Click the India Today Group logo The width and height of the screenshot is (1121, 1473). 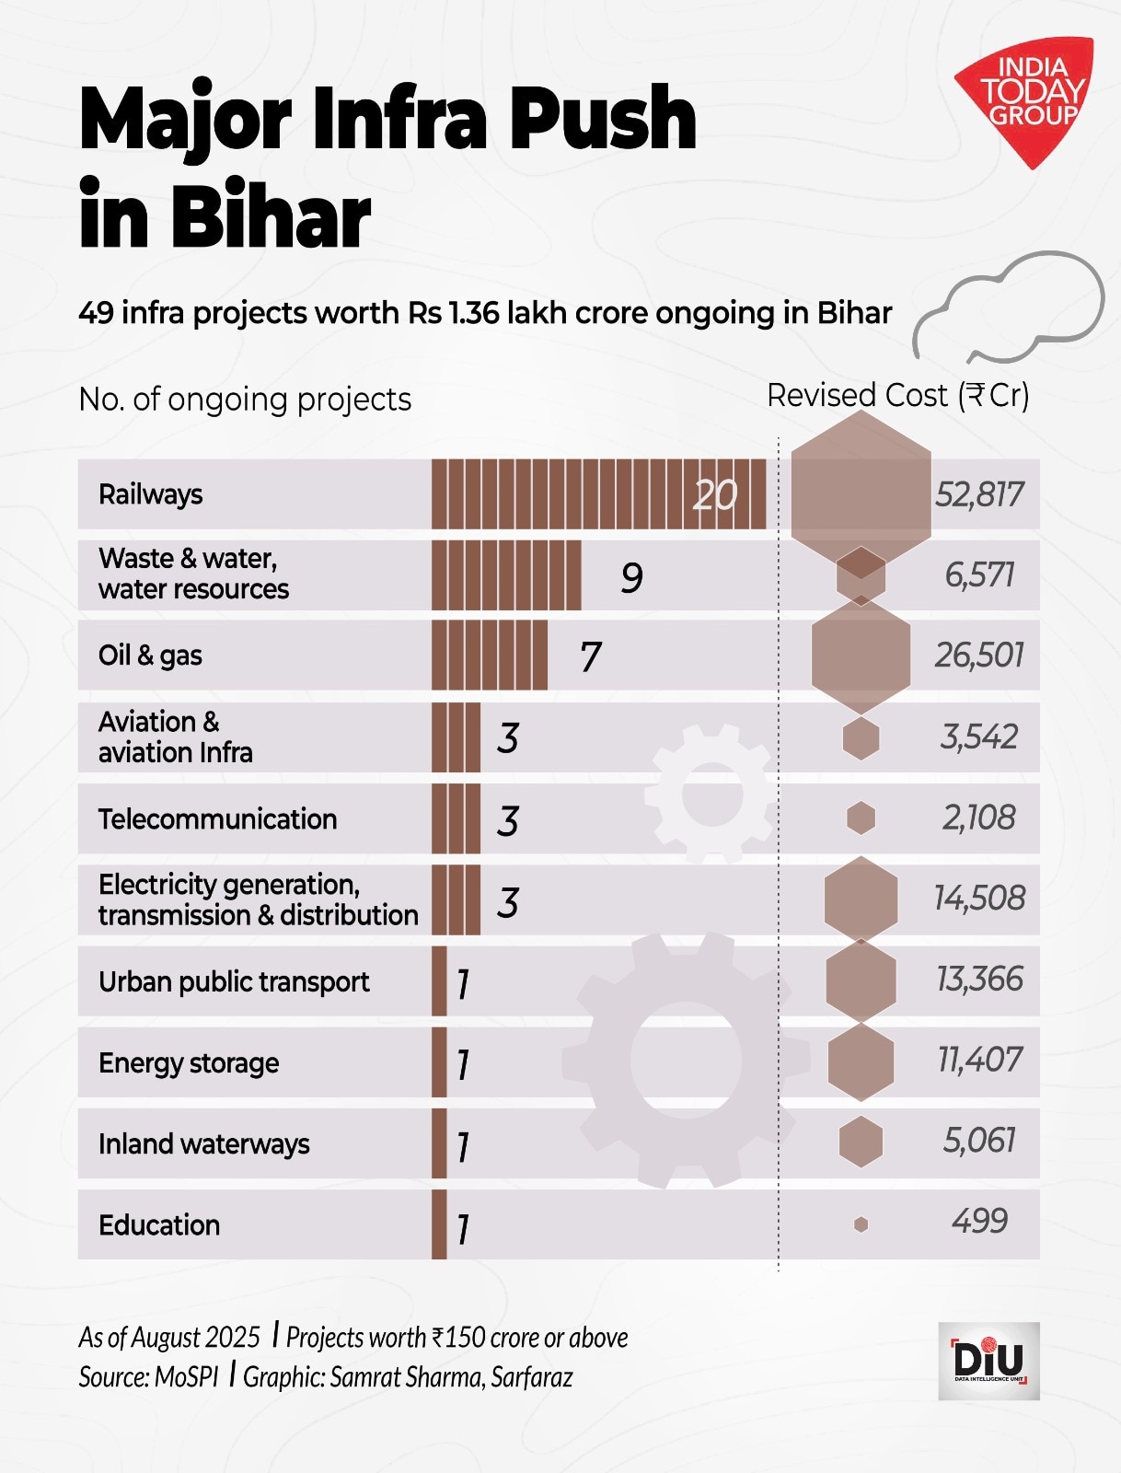[x=1027, y=97]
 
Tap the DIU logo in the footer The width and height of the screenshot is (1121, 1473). [x=988, y=1361]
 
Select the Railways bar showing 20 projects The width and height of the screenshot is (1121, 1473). [x=598, y=494]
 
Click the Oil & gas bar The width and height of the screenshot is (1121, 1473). [x=489, y=655]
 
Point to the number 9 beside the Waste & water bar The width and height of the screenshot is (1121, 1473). [x=631, y=578]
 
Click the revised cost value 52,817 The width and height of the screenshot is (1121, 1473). [x=978, y=495]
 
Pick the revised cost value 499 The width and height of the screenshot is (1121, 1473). [x=979, y=1222]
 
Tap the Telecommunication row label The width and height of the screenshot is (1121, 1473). [x=217, y=819]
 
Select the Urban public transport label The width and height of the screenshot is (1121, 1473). [x=234, y=981]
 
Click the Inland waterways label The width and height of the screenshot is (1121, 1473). [x=203, y=1144]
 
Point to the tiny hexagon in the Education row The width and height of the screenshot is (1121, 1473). [x=861, y=1224]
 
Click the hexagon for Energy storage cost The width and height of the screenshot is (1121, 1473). [x=861, y=1061]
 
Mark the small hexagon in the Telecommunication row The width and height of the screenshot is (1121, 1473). [x=861, y=818]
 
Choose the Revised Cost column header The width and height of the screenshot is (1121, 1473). [x=897, y=396]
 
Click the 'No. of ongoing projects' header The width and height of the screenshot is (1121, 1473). [x=245, y=400]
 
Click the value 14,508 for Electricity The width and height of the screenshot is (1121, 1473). [x=978, y=899]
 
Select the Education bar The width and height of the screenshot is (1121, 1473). [x=439, y=1224]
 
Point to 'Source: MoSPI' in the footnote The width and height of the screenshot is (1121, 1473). [x=148, y=1377]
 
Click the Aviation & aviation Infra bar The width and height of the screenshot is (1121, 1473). [x=456, y=737]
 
